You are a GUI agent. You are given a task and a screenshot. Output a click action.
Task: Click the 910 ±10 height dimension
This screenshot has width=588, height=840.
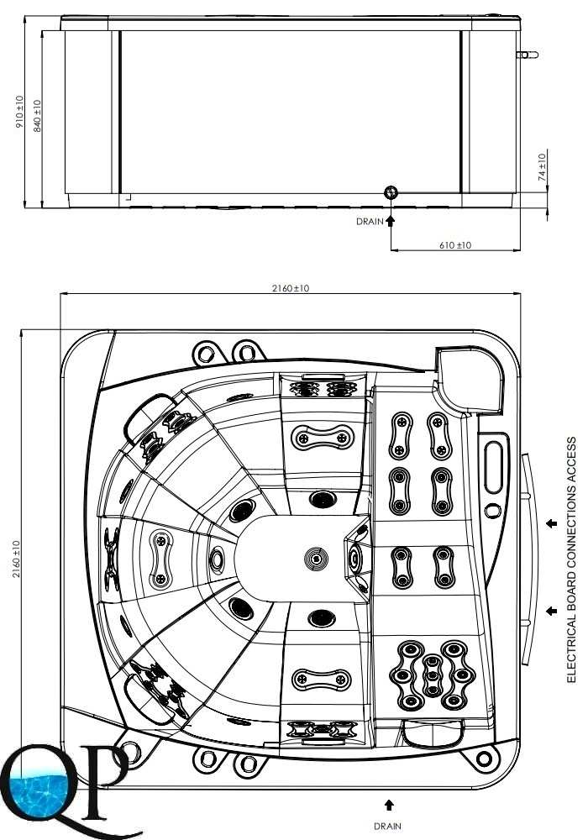[x=20, y=112]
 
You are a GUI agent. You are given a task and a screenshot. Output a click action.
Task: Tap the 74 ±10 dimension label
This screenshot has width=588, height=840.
[x=543, y=168]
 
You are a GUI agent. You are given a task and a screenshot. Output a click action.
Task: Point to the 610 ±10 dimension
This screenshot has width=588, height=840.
[x=455, y=244]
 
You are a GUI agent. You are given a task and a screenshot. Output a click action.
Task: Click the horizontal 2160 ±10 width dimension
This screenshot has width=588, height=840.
[x=291, y=288]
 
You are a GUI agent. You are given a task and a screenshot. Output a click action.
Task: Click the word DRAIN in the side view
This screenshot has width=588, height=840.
[x=369, y=222]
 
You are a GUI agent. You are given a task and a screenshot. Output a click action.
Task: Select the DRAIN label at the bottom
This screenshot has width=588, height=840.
[x=387, y=826]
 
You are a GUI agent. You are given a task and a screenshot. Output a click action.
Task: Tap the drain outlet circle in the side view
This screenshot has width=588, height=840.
[x=391, y=193]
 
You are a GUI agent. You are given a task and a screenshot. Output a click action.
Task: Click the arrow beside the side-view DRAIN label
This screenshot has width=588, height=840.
[x=390, y=221]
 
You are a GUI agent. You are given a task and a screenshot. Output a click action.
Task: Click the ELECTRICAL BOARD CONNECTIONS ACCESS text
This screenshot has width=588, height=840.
[x=571, y=559]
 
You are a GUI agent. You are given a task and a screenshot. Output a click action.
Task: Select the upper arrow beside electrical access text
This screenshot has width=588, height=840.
[x=551, y=523]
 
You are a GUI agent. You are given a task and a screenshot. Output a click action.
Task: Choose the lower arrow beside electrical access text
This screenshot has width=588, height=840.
[x=551, y=611]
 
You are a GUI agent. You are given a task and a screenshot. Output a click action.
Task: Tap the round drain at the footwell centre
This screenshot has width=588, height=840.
[x=315, y=557]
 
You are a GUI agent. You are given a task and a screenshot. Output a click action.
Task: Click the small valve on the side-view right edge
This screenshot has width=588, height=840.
[x=528, y=55]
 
